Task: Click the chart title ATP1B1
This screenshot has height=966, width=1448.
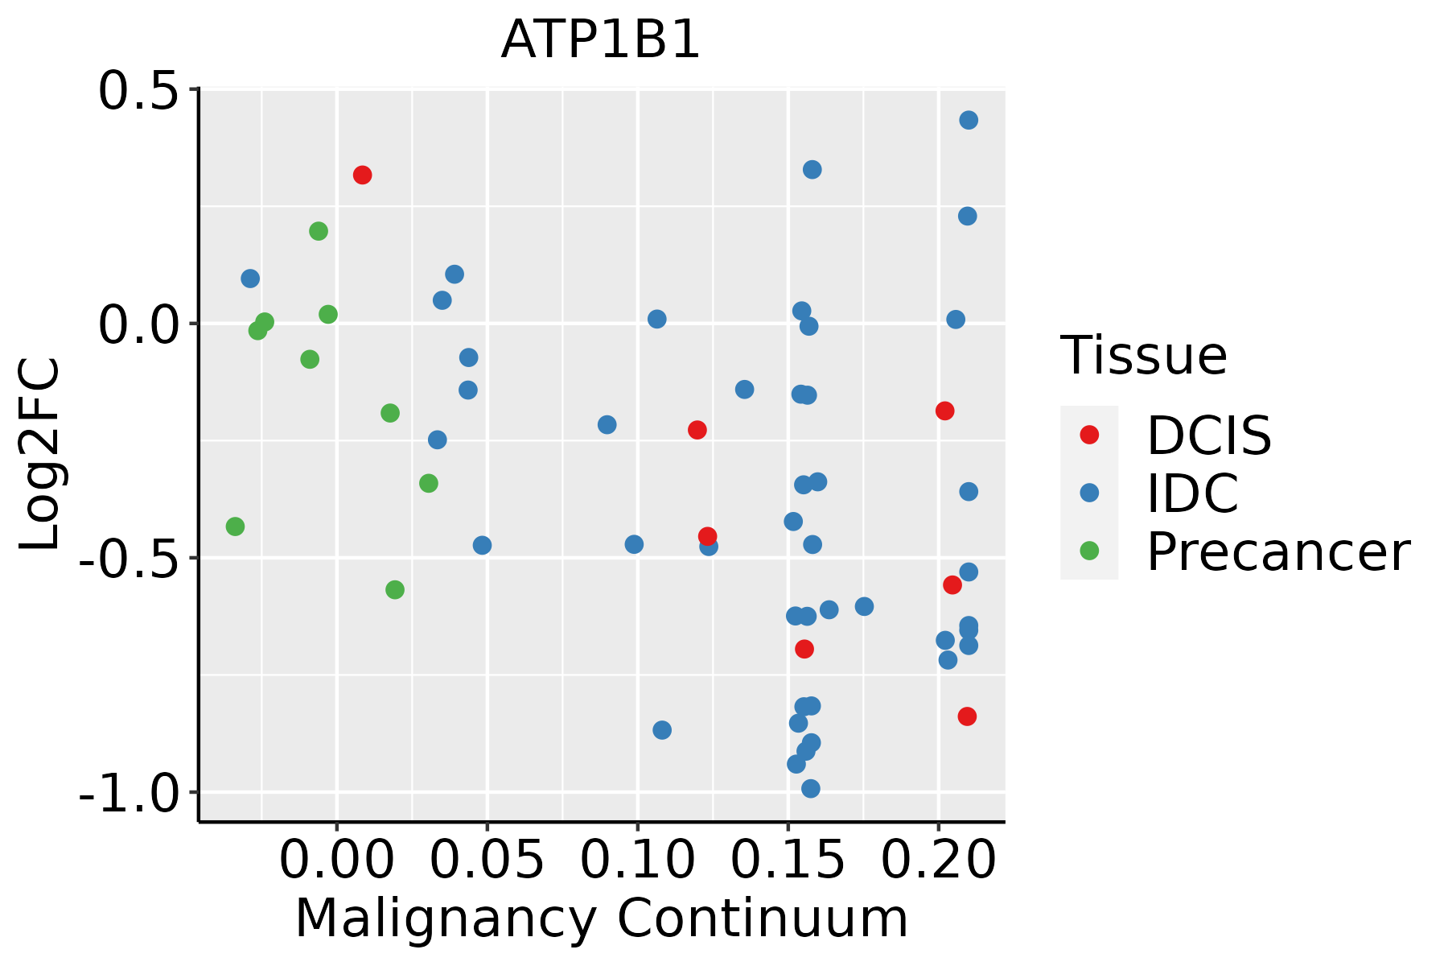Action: [x=601, y=40]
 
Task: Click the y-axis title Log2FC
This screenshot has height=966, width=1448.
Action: [x=40, y=454]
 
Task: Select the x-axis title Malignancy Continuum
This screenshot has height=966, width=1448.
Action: [x=602, y=919]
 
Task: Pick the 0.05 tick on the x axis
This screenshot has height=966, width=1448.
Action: [x=487, y=861]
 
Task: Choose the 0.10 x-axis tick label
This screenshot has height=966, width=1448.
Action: [x=637, y=861]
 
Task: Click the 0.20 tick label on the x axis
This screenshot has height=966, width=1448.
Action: [x=938, y=861]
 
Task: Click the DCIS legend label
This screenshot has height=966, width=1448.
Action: [x=1209, y=436]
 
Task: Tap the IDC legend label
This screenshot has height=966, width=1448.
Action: [x=1192, y=493]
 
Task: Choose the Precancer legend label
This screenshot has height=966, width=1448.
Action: [x=1278, y=551]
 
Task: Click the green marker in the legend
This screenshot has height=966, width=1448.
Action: [x=1089, y=551]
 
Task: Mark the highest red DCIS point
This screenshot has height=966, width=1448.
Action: [x=362, y=175]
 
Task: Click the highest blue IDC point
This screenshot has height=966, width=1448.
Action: [x=969, y=120]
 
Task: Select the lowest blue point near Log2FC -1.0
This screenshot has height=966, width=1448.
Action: [x=811, y=788]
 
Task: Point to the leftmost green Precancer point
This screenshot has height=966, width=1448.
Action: [x=235, y=526]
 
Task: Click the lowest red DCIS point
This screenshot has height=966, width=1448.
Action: [x=967, y=716]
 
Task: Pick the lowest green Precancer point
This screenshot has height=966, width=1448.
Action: [x=394, y=590]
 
